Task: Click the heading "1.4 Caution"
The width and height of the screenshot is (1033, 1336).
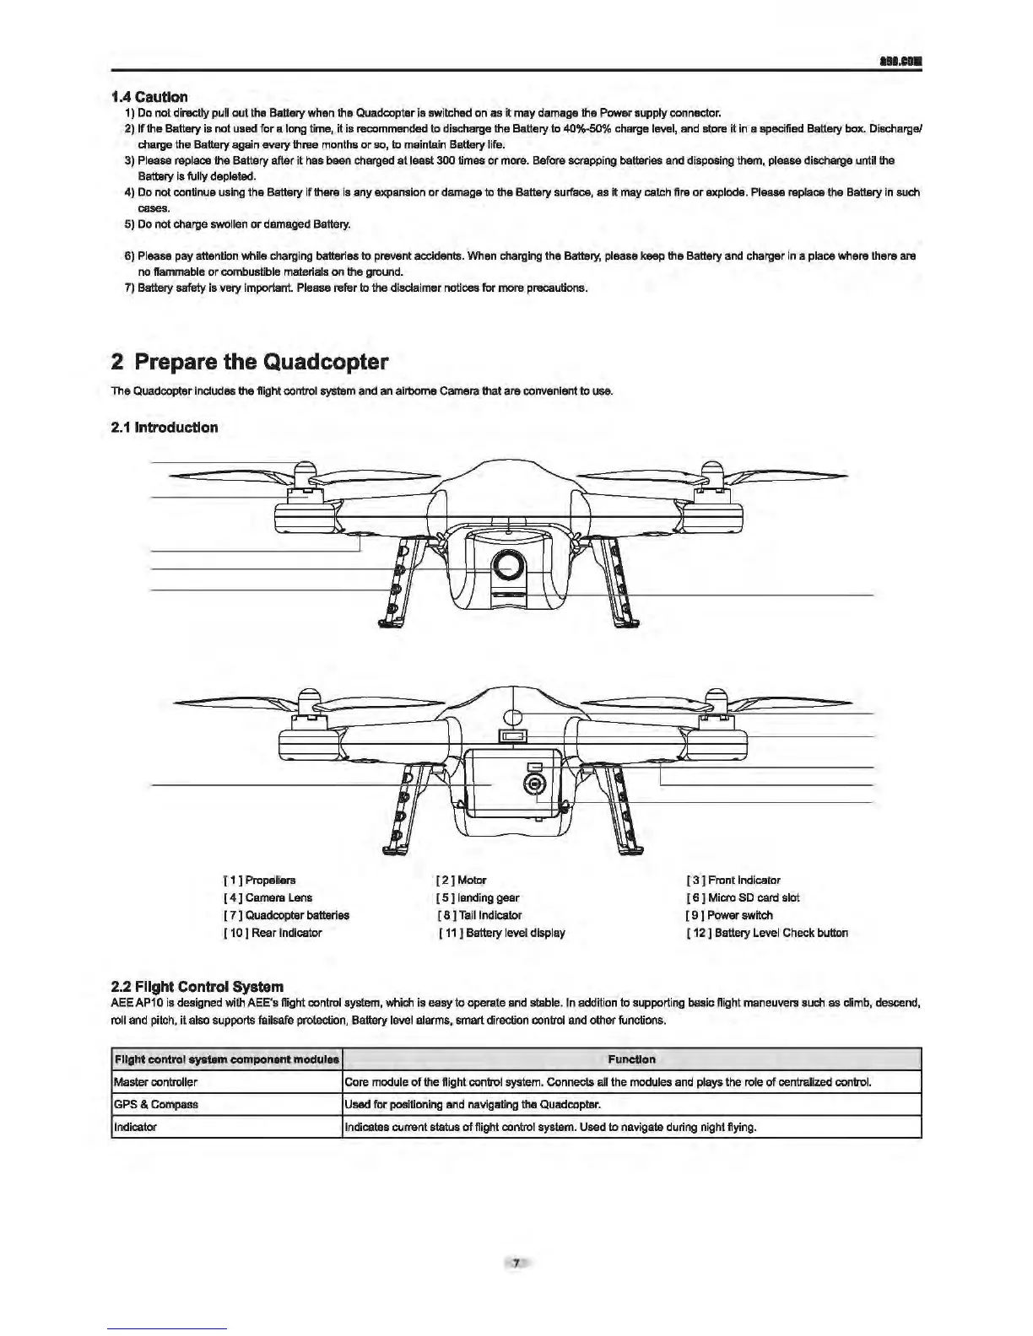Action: (x=149, y=97)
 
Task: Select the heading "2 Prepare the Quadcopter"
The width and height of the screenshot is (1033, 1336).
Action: (x=250, y=363)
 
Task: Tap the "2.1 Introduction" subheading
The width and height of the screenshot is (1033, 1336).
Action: (x=165, y=428)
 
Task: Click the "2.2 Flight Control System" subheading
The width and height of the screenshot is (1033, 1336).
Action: (x=197, y=986)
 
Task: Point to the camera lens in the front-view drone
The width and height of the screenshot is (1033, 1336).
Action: (x=509, y=563)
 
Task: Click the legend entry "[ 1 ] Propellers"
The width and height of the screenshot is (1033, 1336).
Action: (x=259, y=880)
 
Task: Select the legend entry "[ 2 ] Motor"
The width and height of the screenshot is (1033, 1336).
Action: (x=462, y=880)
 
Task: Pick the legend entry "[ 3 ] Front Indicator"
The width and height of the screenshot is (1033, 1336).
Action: (x=733, y=880)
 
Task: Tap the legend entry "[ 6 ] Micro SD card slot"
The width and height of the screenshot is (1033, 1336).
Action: (x=743, y=897)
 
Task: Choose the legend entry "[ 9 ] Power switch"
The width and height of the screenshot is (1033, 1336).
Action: (x=729, y=915)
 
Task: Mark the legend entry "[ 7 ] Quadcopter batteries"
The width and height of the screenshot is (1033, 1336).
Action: (x=286, y=915)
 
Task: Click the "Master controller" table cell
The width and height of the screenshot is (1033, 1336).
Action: (x=155, y=1082)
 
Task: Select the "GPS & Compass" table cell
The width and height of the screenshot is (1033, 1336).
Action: (x=155, y=1104)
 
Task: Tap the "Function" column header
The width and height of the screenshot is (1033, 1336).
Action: (x=631, y=1059)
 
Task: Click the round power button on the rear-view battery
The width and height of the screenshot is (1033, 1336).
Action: (x=533, y=784)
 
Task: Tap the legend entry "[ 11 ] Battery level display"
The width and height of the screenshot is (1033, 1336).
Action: (x=502, y=933)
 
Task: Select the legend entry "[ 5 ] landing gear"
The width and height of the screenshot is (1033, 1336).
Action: (x=478, y=897)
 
